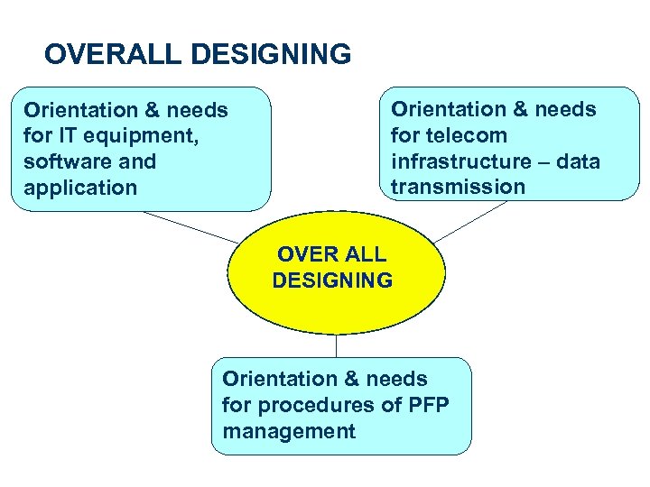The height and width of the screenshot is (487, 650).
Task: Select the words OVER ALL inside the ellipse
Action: [x=331, y=254]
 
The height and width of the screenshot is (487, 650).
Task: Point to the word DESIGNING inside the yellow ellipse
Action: [x=332, y=280]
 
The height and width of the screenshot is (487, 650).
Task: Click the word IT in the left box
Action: [x=70, y=136]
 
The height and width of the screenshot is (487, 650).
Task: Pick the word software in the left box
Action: [x=65, y=162]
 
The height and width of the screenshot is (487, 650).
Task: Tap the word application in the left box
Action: [x=80, y=188]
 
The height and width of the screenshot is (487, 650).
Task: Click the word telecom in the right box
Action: [x=463, y=135]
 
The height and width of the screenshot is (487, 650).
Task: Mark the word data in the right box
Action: [x=579, y=161]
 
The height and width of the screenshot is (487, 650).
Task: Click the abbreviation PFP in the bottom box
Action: [x=426, y=405]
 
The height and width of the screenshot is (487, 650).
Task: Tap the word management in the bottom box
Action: [x=289, y=431]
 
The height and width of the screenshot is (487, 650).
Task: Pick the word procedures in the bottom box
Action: [x=318, y=406]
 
